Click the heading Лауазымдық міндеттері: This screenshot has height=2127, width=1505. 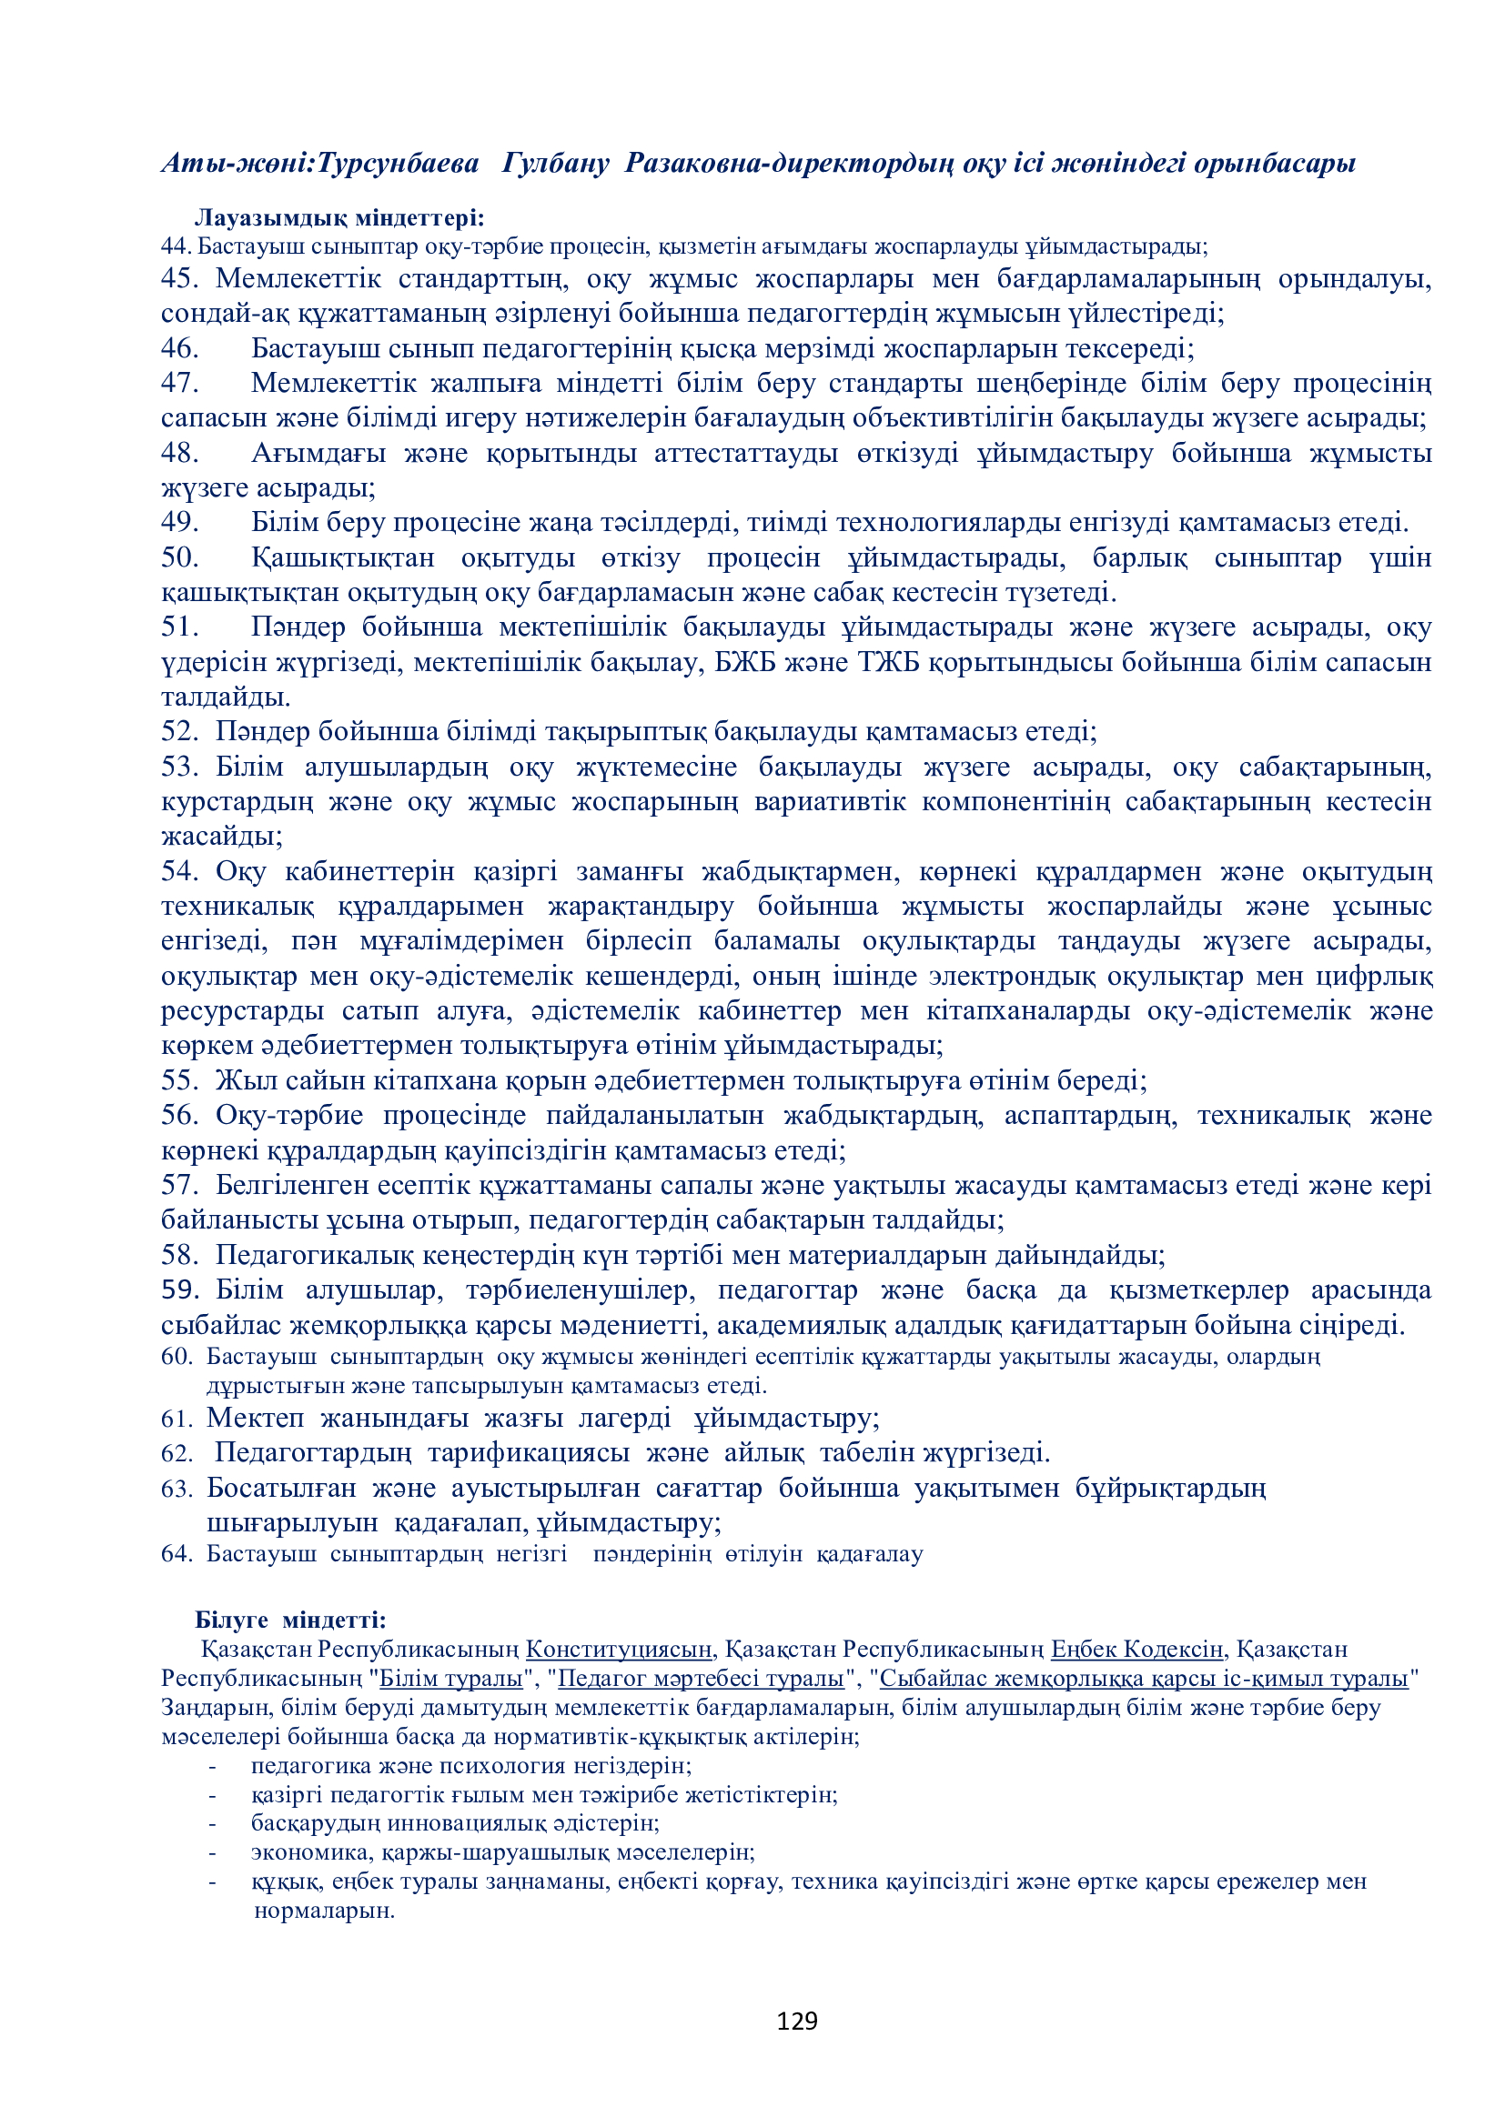click(x=339, y=217)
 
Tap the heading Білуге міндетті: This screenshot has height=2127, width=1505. click(x=290, y=1620)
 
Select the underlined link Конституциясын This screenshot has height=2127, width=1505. click(x=618, y=1649)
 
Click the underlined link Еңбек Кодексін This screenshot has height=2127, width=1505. click(x=1137, y=1649)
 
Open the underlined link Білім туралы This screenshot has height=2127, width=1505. click(x=451, y=1678)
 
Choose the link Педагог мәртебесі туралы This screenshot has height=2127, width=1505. click(x=701, y=1678)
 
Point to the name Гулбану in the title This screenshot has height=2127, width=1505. click(x=555, y=164)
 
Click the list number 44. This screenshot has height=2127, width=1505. click(x=175, y=246)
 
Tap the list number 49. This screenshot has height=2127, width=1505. click(x=180, y=523)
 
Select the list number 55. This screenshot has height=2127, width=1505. click(x=180, y=1080)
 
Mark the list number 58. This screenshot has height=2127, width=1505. click(x=180, y=1255)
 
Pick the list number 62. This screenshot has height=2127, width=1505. click(x=177, y=1453)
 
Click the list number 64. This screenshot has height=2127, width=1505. click(x=177, y=1553)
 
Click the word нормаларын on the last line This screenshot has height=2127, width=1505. click(x=323, y=1911)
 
